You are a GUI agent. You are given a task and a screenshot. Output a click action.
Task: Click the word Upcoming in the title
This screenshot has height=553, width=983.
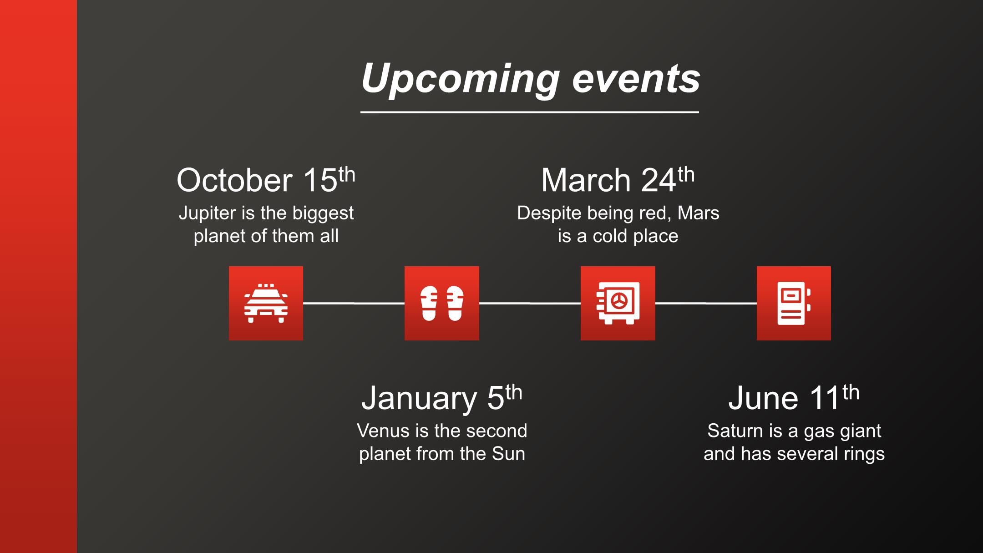[460, 80]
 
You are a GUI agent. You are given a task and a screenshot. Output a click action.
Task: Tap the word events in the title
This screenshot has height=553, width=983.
[636, 80]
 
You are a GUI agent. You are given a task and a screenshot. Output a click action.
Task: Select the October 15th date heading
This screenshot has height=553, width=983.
[266, 180]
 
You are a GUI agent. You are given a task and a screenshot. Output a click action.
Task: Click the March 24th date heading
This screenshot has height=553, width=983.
[618, 180]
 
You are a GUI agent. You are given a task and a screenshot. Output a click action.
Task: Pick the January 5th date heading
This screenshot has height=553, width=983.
[441, 398]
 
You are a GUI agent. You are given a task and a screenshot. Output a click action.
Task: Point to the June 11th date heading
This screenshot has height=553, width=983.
[794, 398]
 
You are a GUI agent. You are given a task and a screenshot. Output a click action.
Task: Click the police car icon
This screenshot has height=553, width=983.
[266, 303]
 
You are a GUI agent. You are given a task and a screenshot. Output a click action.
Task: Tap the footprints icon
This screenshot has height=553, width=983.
[442, 303]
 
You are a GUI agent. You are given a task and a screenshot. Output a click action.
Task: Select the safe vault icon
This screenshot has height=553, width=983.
[618, 303]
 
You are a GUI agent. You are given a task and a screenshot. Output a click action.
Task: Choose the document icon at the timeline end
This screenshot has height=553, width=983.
[794, 303]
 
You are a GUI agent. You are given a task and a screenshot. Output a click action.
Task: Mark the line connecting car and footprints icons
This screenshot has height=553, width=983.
[354, 303]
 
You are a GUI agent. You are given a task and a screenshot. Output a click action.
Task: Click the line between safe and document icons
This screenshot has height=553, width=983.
[706, 303]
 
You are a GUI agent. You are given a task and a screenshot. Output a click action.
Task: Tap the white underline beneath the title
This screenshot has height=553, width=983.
[530, 112]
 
